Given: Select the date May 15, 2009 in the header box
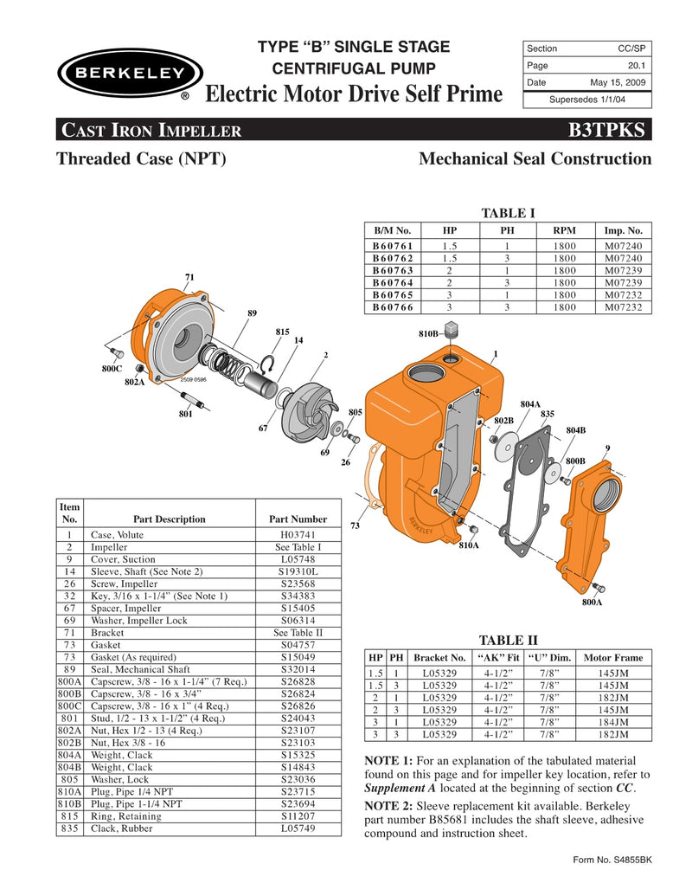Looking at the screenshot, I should coord(618,83).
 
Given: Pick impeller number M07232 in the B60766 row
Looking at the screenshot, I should coord(624,306).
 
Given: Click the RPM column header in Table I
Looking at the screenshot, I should coord(565,231).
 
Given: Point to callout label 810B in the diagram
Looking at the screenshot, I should coord(428,332).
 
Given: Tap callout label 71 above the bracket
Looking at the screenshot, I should coord(189,277).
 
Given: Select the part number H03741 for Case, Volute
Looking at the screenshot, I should coord(298,536).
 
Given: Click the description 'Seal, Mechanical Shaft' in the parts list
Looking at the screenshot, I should coord(140,669).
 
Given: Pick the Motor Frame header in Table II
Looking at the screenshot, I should coord(613,657).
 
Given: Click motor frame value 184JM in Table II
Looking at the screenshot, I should coord(613,721).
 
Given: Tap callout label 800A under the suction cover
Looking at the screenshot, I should coord(592,600).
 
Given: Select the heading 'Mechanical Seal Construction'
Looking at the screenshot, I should coord(534,159).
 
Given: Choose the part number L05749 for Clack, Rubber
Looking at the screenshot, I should coord(298,828).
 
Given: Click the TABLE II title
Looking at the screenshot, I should coord(508,640).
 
